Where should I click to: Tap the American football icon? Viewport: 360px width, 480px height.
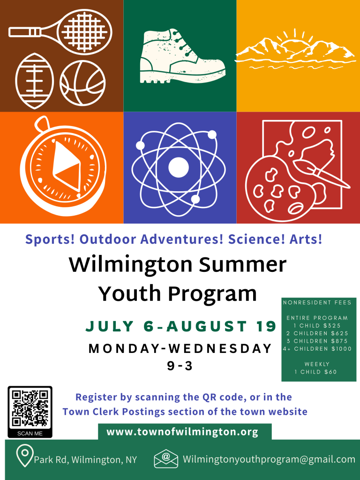[34, 81]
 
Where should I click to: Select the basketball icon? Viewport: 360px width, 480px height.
[82, 82]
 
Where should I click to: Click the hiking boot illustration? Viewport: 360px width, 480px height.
[183, 56]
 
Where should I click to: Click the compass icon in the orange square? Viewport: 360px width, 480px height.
[63, 166]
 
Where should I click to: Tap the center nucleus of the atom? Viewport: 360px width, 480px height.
[179, 168]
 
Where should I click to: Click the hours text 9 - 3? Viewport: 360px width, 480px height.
[180, 366]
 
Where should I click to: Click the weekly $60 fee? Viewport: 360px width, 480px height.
[330, 372]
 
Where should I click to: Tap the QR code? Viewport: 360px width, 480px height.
[30, 409]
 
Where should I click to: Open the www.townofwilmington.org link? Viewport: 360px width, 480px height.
[182, 432]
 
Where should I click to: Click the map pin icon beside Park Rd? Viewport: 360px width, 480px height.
[25, 456]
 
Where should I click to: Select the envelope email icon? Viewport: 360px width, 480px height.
[166, 459]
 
